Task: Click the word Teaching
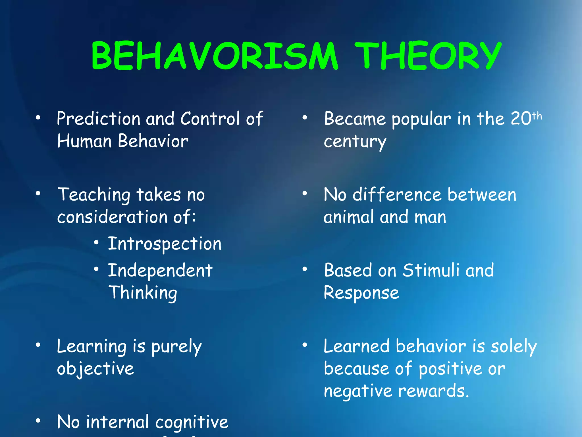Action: [94, 195]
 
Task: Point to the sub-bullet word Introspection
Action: [165, 244]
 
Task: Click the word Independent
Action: [160, 270]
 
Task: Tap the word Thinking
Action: [143, 293]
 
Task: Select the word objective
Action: [95, 369]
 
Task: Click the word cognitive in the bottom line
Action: [192, 422]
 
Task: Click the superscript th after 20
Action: [537, 116]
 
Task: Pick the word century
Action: [355, 142]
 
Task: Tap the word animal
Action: [348, 217]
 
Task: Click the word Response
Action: [361, 293]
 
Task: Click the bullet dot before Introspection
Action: [96, 242]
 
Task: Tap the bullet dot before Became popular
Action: [305, 117]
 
